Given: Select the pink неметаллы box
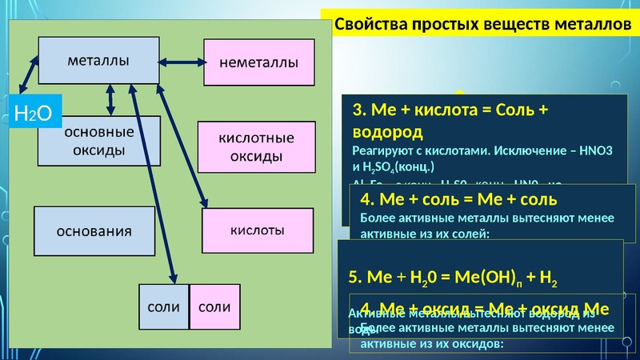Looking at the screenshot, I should click(258, 62).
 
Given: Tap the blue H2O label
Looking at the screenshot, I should click(34, 114).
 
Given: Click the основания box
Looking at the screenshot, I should click(94, 232).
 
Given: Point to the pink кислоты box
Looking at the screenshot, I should click(258, 230).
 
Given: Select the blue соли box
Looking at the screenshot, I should click(163, 306).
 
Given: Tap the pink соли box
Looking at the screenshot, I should click(214, 306).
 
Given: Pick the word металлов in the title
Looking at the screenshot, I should click(588, 25).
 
